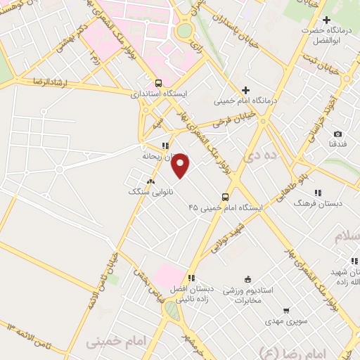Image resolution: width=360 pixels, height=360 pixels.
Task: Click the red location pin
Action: (181, 166)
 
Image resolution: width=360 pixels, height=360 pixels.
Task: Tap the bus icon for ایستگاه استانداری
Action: (158, 82)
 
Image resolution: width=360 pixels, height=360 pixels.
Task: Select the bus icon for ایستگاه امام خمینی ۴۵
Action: (225, 197)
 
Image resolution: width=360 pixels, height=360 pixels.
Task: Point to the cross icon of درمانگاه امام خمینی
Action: (245, 90)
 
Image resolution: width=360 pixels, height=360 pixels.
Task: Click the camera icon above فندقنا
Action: (337, 134)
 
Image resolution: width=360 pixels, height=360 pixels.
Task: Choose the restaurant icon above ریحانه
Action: (164, 146)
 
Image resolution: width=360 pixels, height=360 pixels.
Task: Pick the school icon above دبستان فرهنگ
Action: (318, 192)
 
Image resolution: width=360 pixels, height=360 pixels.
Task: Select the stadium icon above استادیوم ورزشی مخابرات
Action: (247, 278)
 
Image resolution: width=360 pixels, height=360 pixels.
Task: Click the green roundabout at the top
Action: (184, 31)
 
